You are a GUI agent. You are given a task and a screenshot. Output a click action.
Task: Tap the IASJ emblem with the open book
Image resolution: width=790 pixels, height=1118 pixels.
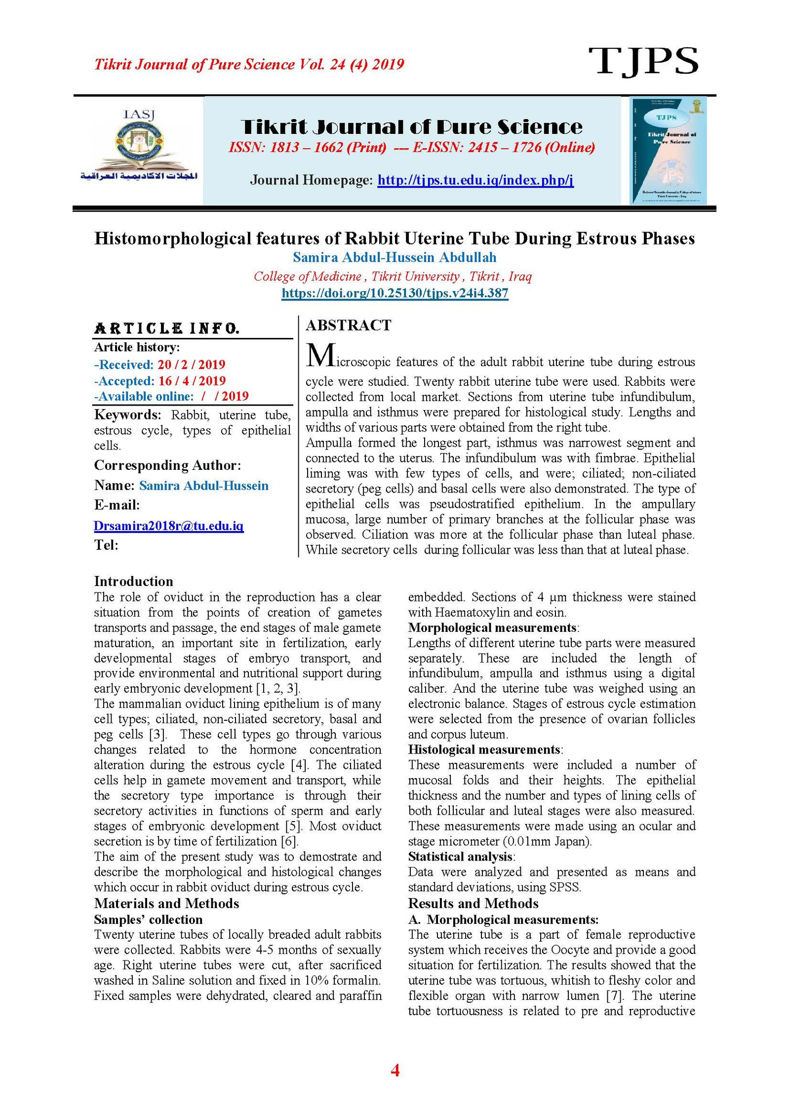pos(139,146)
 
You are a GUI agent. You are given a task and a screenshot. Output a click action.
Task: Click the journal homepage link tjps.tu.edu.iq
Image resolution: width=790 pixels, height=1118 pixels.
pos(475,180)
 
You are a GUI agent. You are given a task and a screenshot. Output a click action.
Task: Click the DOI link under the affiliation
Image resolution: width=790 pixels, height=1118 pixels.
pos(395,293)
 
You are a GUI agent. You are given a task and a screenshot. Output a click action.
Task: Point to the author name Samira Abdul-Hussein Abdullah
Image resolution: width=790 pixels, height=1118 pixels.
pos(395,257)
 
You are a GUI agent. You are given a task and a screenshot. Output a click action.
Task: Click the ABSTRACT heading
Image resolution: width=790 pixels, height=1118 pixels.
pos(348,325)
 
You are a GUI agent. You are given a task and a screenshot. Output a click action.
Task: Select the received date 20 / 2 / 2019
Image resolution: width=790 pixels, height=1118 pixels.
pos(192,365)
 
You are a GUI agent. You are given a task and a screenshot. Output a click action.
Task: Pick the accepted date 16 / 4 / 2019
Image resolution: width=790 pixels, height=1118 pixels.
pos(192,381)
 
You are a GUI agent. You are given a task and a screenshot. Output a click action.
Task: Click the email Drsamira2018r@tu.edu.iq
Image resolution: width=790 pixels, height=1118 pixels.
pos(168,526)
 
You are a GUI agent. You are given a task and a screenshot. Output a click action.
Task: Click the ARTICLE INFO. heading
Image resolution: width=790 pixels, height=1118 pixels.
pos(167,329)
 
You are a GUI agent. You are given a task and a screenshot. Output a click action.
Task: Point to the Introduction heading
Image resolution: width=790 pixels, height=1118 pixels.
pos(133,581)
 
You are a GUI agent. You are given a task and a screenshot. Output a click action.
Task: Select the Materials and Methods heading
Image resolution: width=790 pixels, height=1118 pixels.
pos(166,904)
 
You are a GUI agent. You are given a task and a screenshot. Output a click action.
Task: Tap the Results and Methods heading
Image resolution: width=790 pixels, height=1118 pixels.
pos(473,904)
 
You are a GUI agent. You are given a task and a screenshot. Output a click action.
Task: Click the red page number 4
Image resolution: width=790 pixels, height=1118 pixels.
pos(395,1070)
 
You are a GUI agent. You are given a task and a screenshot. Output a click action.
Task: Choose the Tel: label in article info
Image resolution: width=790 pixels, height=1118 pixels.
pos(106,545)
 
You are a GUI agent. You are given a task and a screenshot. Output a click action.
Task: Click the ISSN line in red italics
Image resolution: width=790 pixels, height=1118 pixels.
pos(411,147)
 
